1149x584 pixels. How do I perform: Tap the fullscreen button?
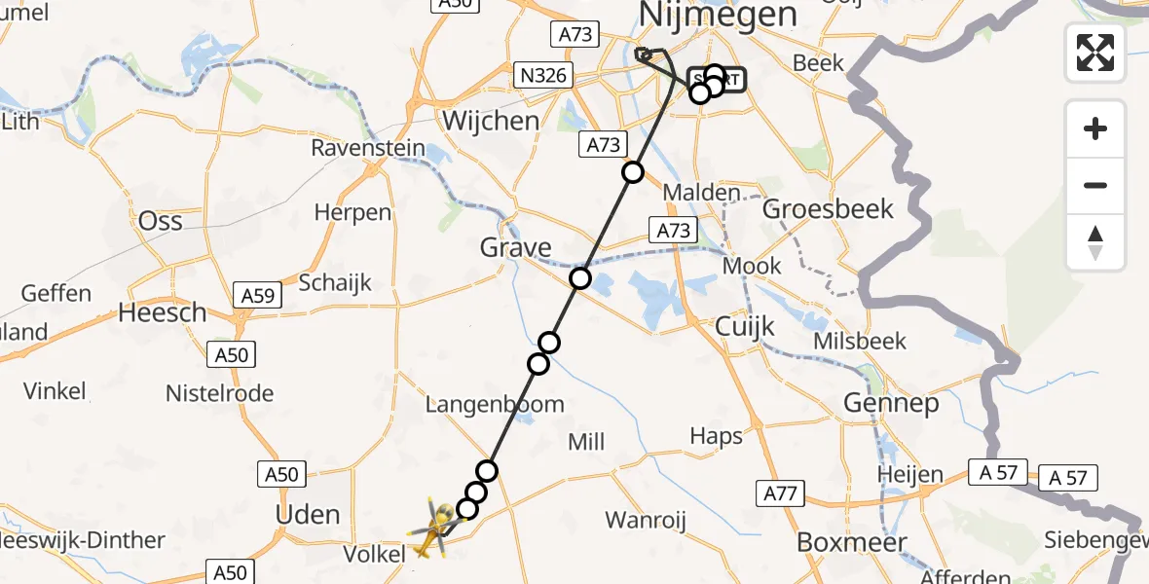[1095, 53]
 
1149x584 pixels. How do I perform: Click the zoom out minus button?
[1095, 185]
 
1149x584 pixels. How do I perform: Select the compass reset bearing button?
[1095, 242]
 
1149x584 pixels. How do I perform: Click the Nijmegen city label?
[718, 15]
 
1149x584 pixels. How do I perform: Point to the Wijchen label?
[491, 121]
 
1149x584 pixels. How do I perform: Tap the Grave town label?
[516, 247]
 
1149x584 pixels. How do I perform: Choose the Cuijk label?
[745, 326]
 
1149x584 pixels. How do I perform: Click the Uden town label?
[309, 514]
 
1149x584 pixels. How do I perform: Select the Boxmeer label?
[852, 542]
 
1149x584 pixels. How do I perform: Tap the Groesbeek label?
[814, 208]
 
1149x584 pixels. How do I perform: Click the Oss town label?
[161, 221]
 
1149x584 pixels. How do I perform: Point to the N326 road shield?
[541, 74]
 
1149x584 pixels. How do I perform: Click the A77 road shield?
[780, 494]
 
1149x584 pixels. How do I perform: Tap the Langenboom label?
[495, 404]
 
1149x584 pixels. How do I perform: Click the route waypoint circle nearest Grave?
[580, 278]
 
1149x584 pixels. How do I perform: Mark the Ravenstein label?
[368, 149]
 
